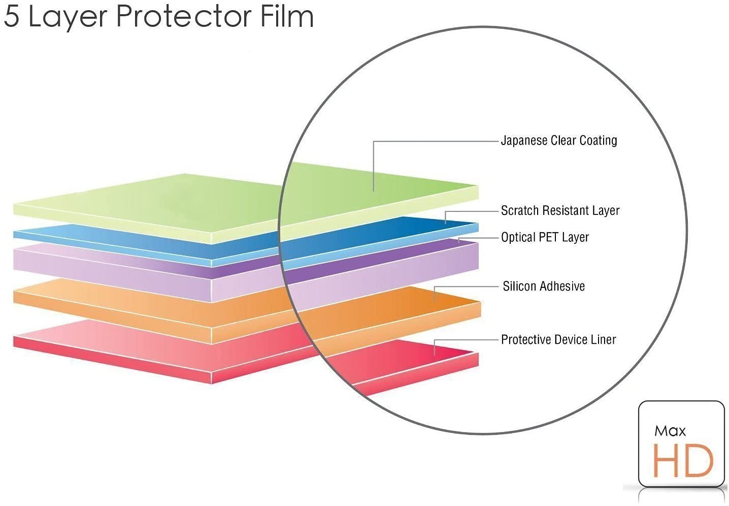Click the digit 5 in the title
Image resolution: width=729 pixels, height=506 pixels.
[x=11, y=17]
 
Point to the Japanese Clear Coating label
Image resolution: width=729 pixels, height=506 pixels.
[x=559, y=140]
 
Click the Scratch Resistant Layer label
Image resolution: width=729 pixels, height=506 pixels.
[x=560, y=210]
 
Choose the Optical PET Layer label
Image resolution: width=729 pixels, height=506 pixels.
[x=545, y=237]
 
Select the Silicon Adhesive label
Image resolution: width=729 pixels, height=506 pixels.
[x=544, y=286]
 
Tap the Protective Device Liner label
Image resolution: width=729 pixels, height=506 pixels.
[x=558, y=339]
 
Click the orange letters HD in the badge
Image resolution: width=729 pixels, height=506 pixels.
[x=683, y=461]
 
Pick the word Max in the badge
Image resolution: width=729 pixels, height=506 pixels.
[x=670, y=431]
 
